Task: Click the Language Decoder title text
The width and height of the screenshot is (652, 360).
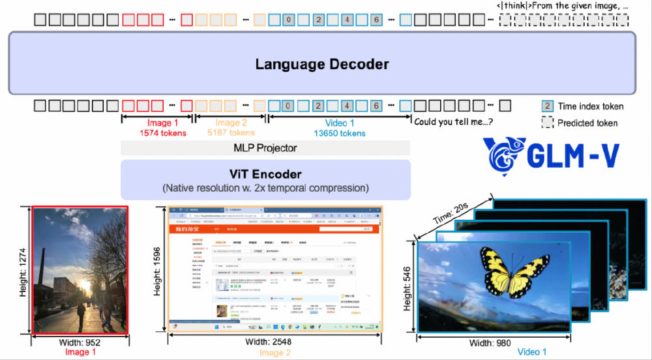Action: pos(321,64)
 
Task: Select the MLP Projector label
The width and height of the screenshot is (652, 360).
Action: pos(265,148)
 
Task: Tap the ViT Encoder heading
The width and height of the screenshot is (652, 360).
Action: pos(265,174)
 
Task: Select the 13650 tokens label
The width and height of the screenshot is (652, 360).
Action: pos(339,133)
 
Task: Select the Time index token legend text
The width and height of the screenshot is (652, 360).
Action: pos(590,106)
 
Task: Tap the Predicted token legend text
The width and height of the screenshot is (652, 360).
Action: pos(587,123)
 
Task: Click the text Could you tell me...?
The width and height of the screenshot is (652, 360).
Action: pos(453,121)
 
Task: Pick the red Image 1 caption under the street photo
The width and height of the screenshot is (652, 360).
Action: pos(81,352)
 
